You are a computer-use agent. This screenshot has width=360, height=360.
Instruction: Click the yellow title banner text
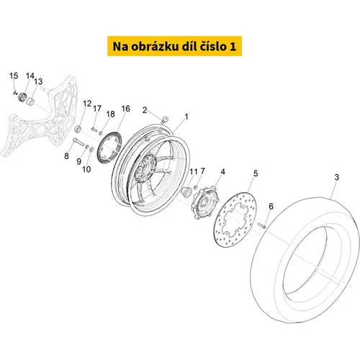(x=174, y=46)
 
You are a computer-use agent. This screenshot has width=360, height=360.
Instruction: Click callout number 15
(x=14, y=76)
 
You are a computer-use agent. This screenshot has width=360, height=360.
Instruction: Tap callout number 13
(x=38, y=81)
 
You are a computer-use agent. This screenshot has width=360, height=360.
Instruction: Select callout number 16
(x=125, y=109)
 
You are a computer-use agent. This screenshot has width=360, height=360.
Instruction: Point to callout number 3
(x=337, y=177)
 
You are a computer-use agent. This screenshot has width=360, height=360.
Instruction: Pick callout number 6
(x=271, y=206)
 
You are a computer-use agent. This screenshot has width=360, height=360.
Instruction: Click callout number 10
(x=86, y=169)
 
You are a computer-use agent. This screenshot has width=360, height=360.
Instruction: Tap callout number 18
(x=111, y=114)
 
